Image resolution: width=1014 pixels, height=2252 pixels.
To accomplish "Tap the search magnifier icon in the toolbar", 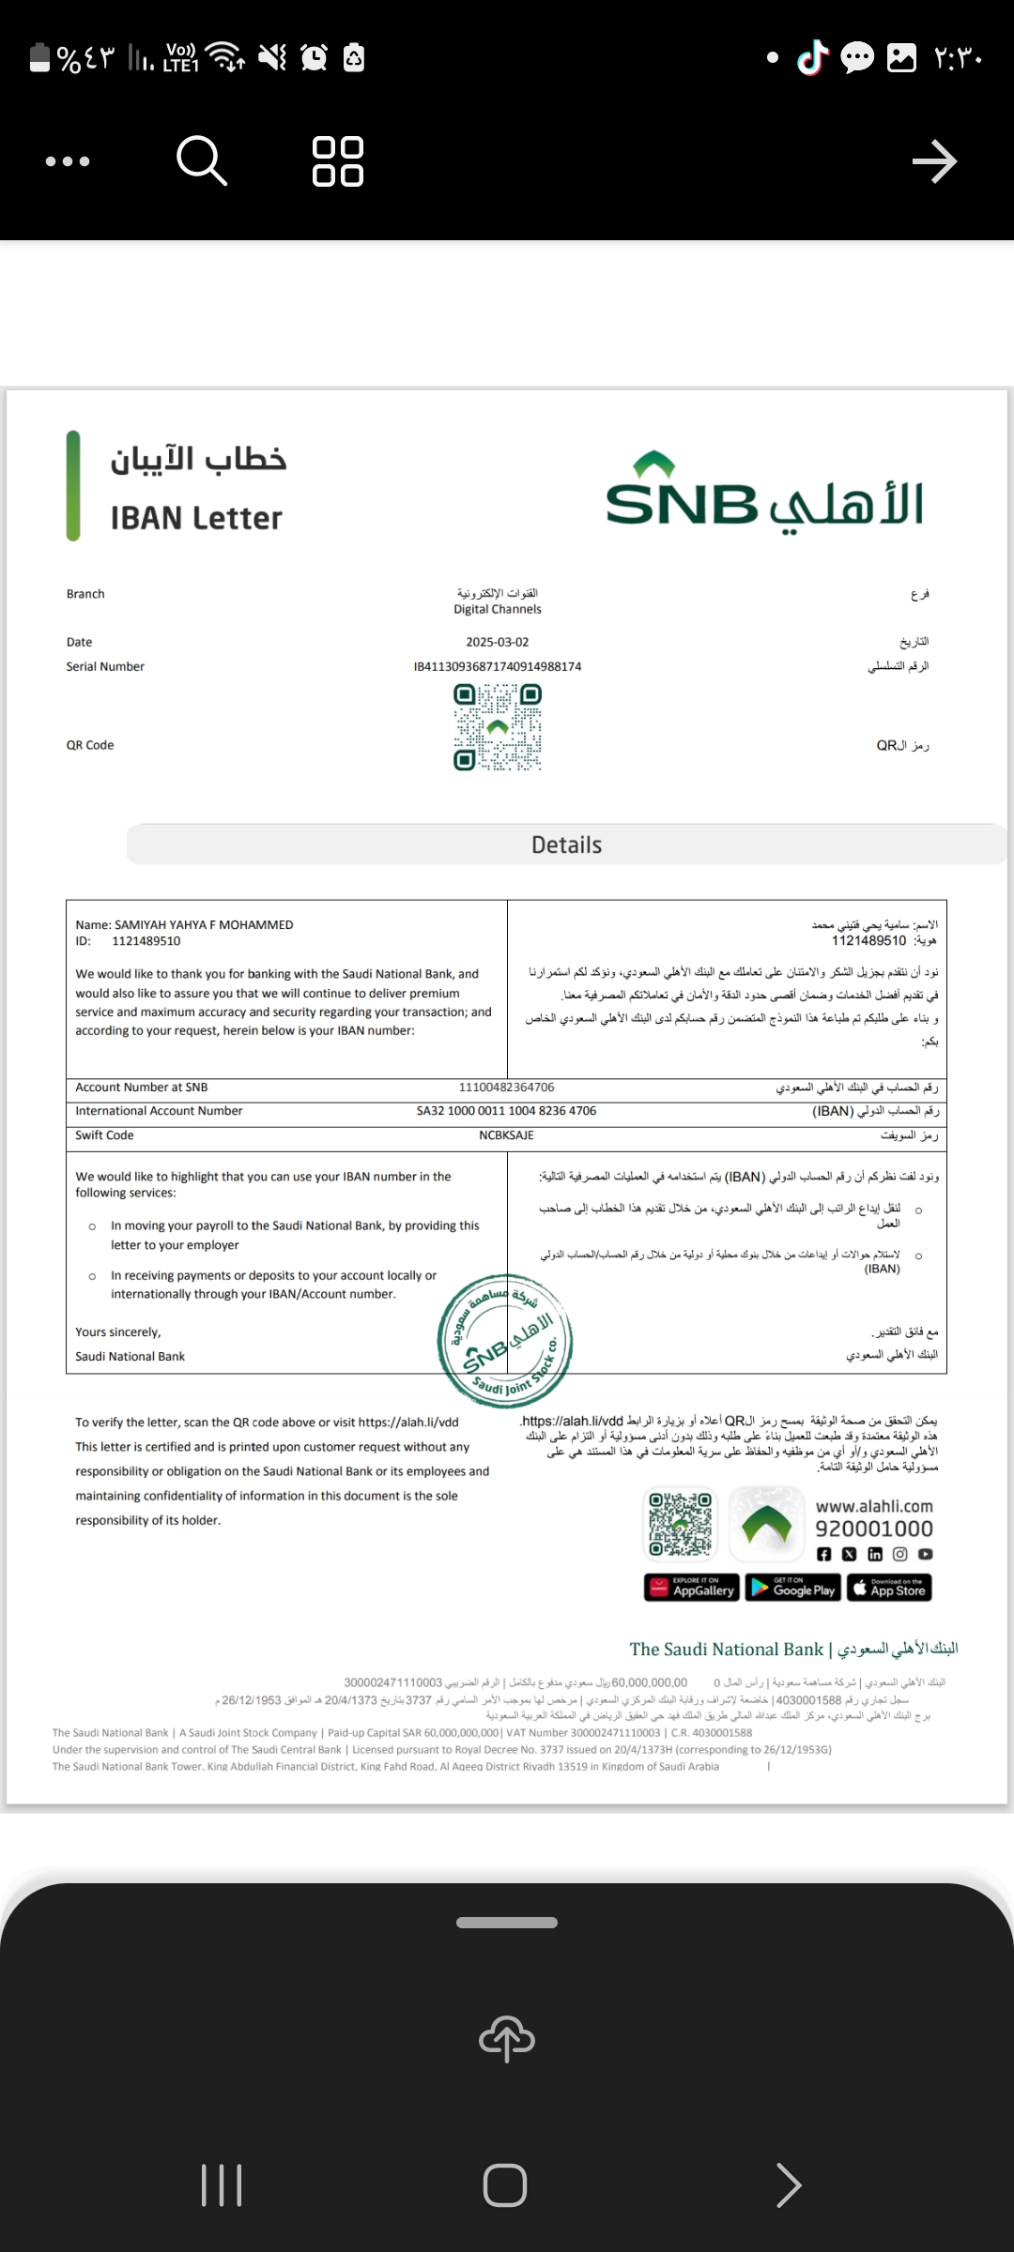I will click(202, 160).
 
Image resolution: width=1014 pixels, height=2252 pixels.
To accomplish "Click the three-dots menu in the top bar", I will click(68, 161).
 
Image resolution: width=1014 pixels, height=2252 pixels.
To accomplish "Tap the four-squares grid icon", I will click(338, 161).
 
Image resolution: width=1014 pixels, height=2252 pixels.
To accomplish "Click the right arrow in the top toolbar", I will click(934, 161).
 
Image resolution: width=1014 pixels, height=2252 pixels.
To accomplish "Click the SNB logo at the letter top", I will click(764, 494).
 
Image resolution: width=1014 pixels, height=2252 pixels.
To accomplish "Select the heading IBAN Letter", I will click(196, 518).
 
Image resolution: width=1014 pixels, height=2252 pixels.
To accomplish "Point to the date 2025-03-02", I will click(498, 642).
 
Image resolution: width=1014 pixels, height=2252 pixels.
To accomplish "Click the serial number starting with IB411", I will click(498, 666).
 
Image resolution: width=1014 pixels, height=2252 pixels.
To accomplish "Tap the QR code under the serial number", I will click(498, 727).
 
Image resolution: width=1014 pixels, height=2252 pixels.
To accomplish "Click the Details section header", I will click(566, 844).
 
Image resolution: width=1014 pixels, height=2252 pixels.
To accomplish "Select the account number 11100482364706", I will click(506, 1087).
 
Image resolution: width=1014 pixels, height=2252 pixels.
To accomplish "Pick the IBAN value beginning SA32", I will click(506, 1110).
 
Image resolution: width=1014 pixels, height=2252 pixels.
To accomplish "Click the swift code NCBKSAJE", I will click(506, 1134).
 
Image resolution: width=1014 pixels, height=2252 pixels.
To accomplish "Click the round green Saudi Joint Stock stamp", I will click(505, 1340).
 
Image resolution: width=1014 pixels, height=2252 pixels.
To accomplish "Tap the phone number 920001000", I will click(873, 1529).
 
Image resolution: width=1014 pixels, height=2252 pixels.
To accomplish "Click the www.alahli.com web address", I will click(874, 1505).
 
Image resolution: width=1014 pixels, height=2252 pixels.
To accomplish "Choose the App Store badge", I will click(889, 1588).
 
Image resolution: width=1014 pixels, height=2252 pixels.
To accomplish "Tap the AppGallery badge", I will click(692, 1588).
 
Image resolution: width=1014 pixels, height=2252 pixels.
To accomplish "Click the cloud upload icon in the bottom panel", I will click(507, 2038).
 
